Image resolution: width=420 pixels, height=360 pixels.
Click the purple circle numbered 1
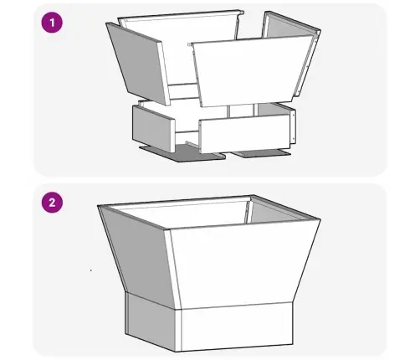click(52, 23)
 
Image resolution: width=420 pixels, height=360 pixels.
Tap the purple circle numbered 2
click(52, 203)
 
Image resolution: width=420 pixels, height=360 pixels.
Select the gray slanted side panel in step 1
click(136, 63)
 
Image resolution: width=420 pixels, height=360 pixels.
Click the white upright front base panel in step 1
click(245, 134)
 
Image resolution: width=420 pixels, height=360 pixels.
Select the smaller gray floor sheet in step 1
click(261, 153)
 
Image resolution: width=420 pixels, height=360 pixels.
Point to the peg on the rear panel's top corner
click(242, 13)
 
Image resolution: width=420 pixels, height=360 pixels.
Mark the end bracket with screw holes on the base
click(293, 126)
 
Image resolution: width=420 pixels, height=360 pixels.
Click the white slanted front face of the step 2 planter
click(243, 265)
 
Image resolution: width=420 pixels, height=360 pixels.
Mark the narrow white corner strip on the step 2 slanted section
click(172, 268)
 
